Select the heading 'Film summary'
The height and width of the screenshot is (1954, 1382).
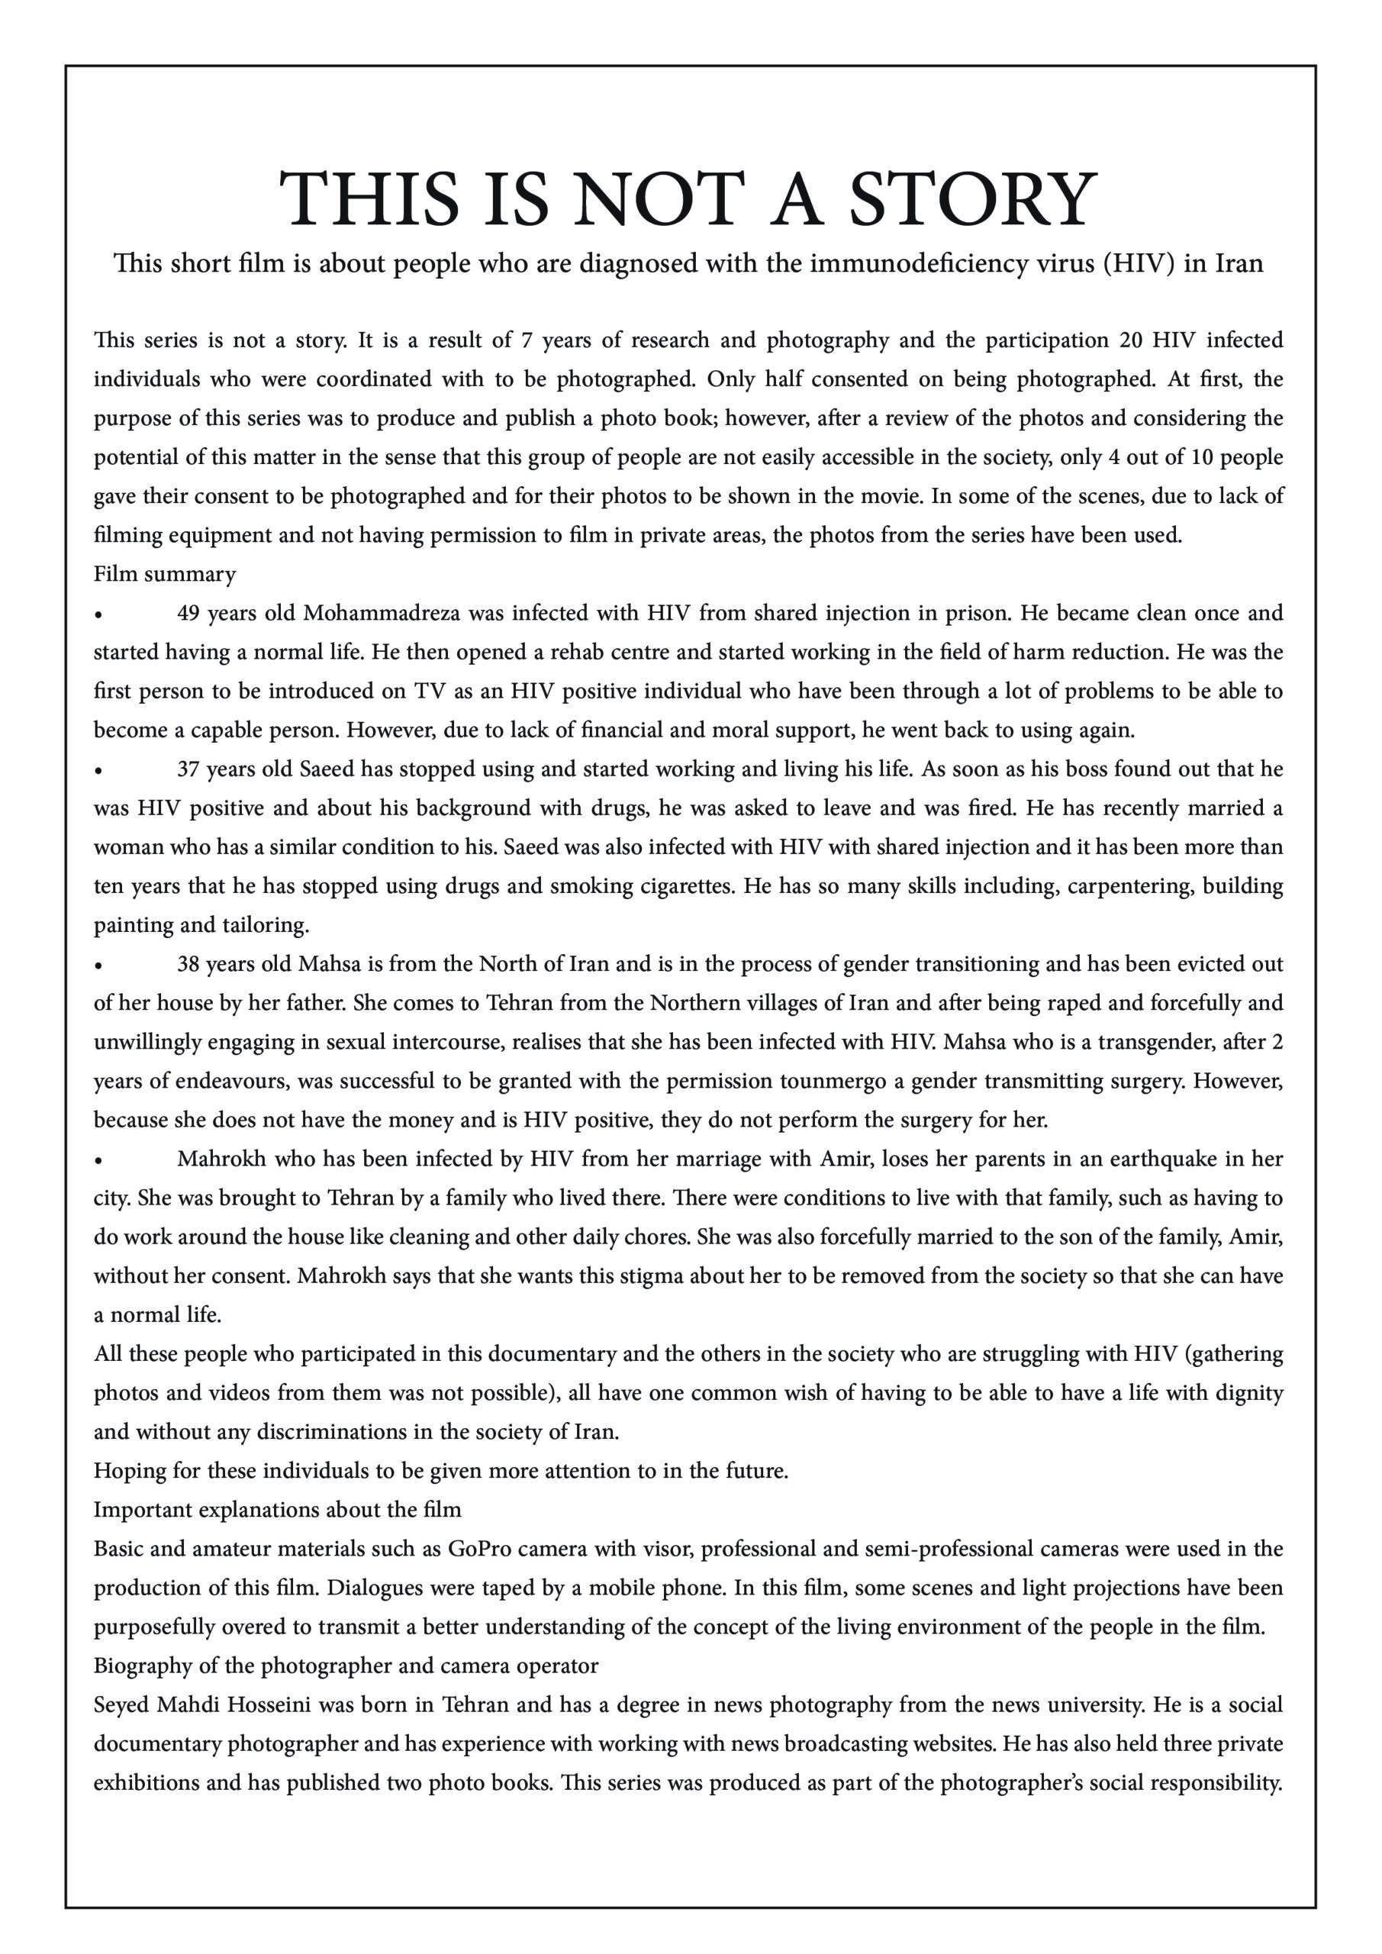[164, 575]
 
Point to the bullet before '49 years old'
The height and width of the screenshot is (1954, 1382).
[99, 614]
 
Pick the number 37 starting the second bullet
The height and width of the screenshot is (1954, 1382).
[189, 769]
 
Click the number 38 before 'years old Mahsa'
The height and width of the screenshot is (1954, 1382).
[189, 964]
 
